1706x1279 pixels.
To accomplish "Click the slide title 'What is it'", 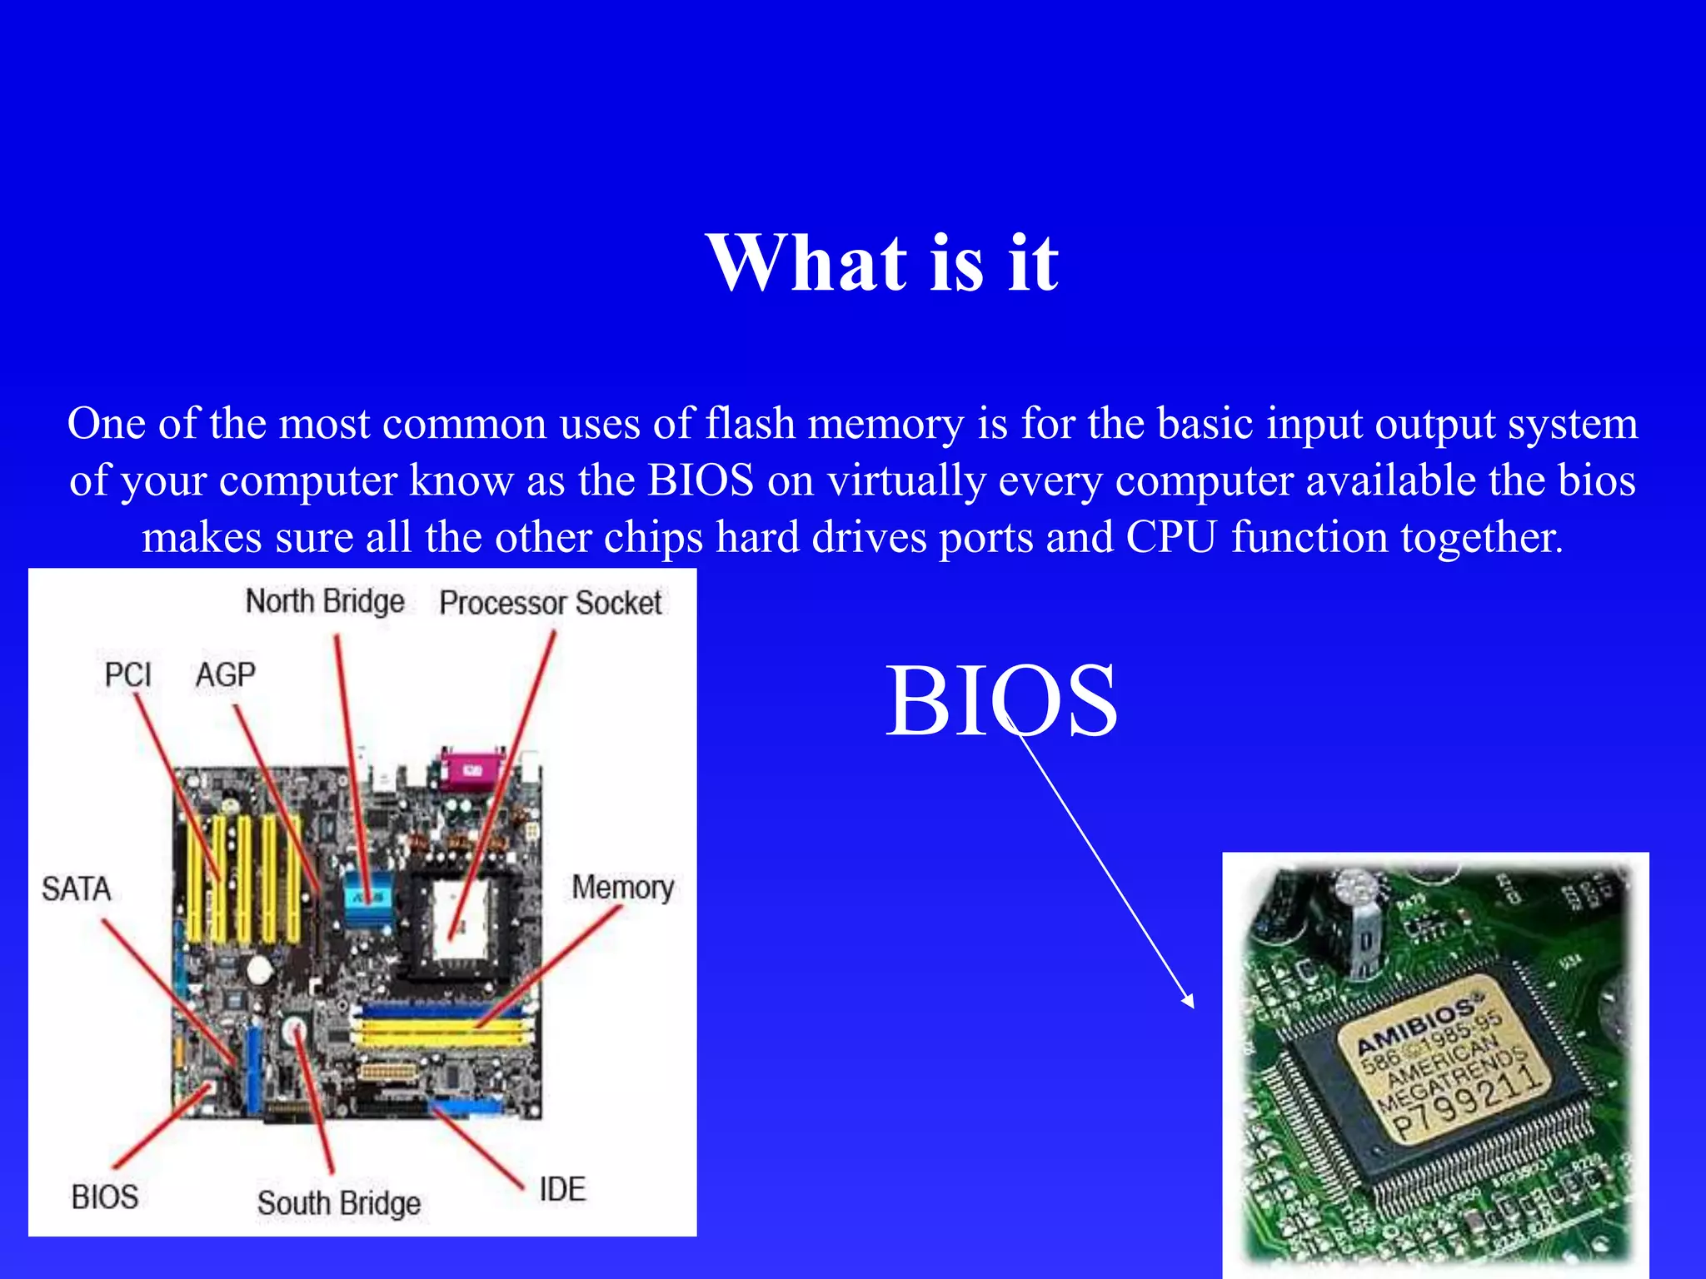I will [x=882, y=263].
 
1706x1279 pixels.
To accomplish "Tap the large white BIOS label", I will [x=1000, y=701].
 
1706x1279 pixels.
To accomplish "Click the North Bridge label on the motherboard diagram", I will [x=325, y=601].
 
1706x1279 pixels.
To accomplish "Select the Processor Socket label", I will [x=550, y=603].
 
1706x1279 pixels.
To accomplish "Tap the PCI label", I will [x=127, y=674].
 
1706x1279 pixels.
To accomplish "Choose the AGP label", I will [x=225, y=674].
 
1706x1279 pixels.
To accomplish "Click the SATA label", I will [x=77, y=889].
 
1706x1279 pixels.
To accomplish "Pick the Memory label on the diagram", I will [x=622, y=888].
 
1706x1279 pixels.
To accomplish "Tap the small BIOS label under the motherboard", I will [x=105, y=1197].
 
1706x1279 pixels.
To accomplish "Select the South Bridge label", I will [x=338, y=1203].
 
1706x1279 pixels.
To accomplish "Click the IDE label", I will [x=562, y=1189].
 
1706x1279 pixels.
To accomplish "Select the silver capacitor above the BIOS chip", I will [x=1358, y=924].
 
